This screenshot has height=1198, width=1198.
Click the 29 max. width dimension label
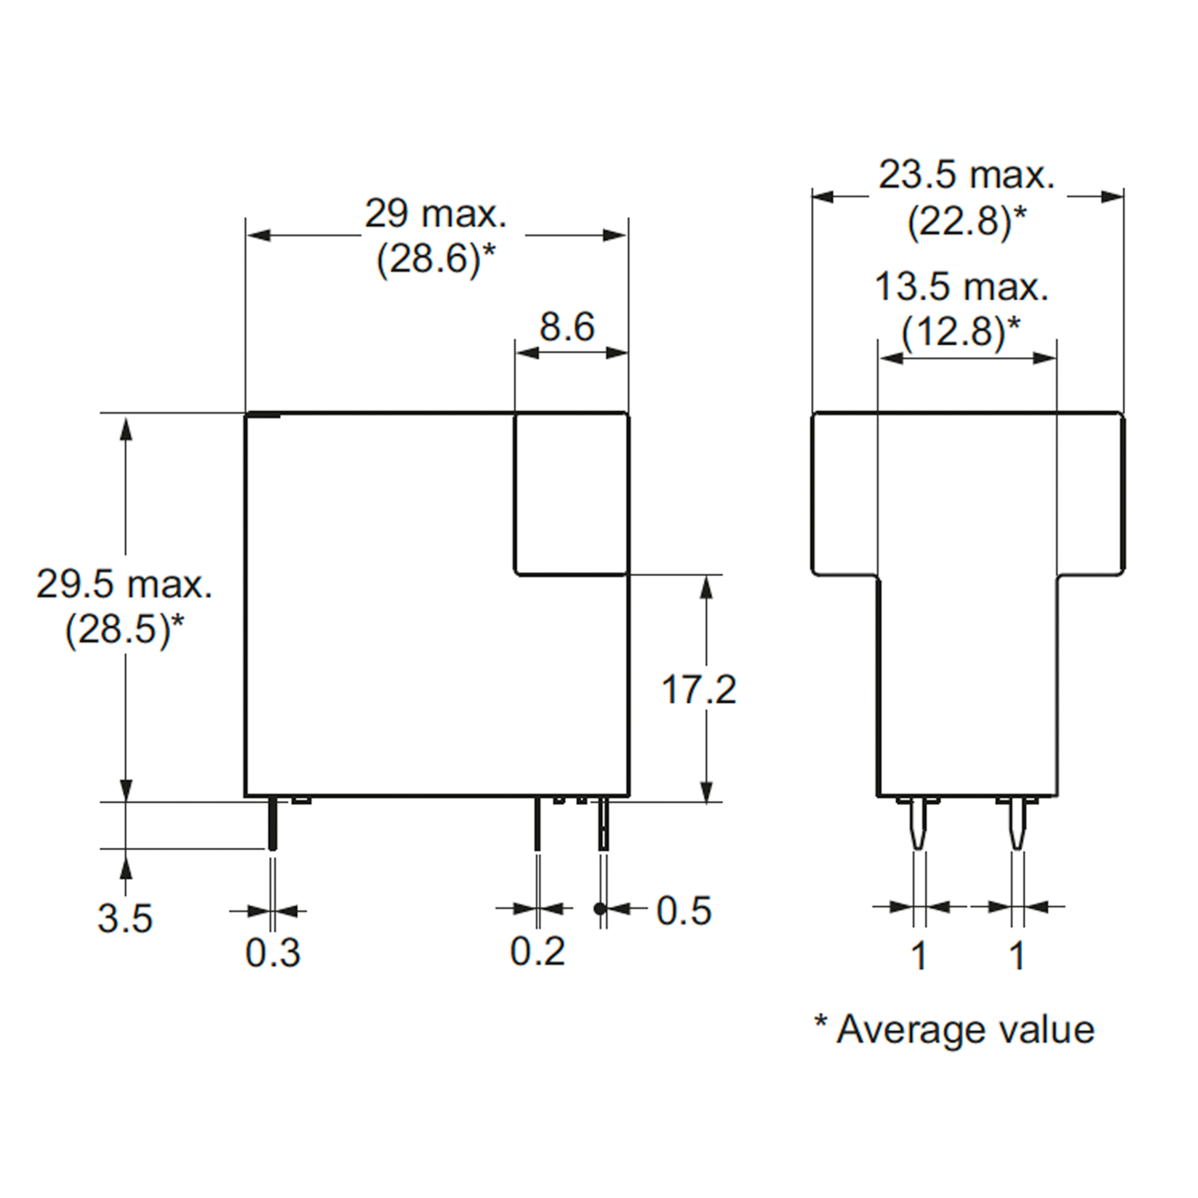[435, 214]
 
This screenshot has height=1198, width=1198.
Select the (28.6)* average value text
[436, 259]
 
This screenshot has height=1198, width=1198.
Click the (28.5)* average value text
[124, 630]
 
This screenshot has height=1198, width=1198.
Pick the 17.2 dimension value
[699, 689]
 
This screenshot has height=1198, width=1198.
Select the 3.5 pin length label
[125, 919]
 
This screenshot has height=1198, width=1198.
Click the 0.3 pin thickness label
[273, 952]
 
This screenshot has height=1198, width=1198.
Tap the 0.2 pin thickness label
[538, 951]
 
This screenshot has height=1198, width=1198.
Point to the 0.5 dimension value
[684, 911]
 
